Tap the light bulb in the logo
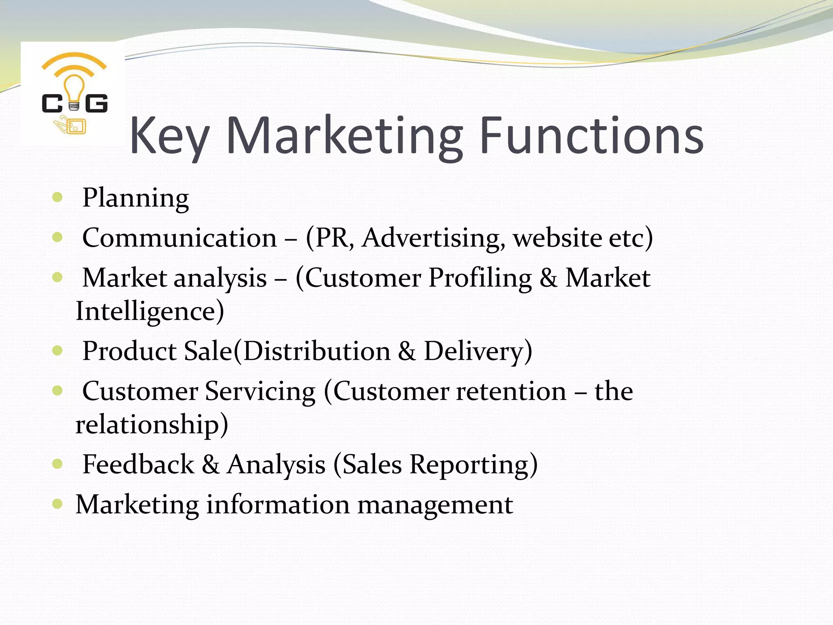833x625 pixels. click(x=74, y=92)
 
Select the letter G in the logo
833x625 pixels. click(x=97, y=103)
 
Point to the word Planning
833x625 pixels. click(x=135, y=198)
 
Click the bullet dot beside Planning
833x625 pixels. click(x=57, y=197)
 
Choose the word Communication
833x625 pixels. click(x=179, y=238)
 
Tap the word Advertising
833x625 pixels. click(x=434, y=238)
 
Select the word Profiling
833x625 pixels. click(x=480, y=278)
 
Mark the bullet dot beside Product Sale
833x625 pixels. click(x=57, y=350)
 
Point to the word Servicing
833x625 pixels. click(x=260, y=391)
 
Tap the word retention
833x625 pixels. click(x=511, y=391)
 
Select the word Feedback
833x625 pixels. click(x=138, y=464)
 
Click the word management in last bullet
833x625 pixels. click(x=435, y=505)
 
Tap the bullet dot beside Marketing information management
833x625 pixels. click(x=57, y=504)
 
